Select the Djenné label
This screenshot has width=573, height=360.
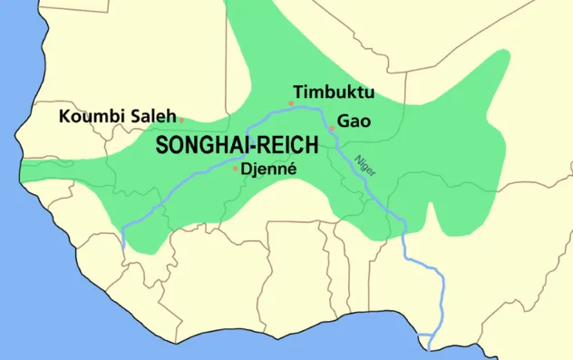click(x=270, y=169)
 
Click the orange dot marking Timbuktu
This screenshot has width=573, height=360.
click(x=290, y=103)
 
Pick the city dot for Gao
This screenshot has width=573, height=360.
click(x=332, y=129)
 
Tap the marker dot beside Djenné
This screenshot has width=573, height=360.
click(x=236, y=168)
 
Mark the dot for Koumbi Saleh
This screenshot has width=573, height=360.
click(x=181, y=120)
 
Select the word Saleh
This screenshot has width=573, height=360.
click(x=151, y=116)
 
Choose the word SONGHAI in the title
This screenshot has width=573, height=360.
click(x=196, y=146)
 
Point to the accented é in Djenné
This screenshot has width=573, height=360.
click(x=292, y=169)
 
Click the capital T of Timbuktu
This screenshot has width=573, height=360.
click(x=297, y=92)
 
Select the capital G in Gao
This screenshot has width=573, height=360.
click(x=343, y=121)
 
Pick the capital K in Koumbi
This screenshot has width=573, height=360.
click(x=64, y=116)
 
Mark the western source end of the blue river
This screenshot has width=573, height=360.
click(x=122, y=247)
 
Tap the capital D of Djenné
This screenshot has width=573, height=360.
click(x=248, y=169)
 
